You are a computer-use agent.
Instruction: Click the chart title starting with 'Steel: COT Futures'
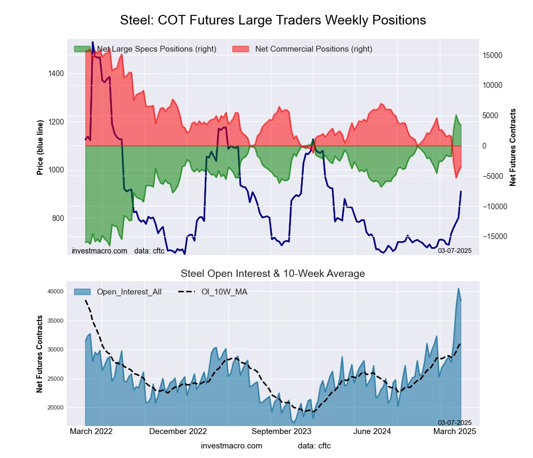[x=273, y=20]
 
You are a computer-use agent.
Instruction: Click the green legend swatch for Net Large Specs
[x=83, y=49]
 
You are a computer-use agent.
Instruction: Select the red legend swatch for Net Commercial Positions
[x=241, y=49]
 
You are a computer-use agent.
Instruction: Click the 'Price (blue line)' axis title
[x=40, y=146]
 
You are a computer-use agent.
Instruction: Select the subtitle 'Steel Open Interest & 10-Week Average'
[x=272, y=274]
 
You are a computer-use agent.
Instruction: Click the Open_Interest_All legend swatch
[x=83, y=292]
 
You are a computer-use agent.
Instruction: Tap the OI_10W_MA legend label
[x=224, y=292]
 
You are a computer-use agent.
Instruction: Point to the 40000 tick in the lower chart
[x=55, y=292]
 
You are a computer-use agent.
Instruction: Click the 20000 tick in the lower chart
[x=55, y=408]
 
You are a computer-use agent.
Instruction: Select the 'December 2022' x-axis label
[x=177, y=431]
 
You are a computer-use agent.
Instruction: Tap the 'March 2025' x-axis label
[x=455, y=431]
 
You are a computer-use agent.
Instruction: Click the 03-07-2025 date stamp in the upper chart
[x=454, y=250]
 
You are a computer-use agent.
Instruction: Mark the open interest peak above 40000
[x=458, y=289]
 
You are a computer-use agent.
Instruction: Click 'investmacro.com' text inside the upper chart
[x=100, y=250]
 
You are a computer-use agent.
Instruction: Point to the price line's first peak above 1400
[x=92, y=42]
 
